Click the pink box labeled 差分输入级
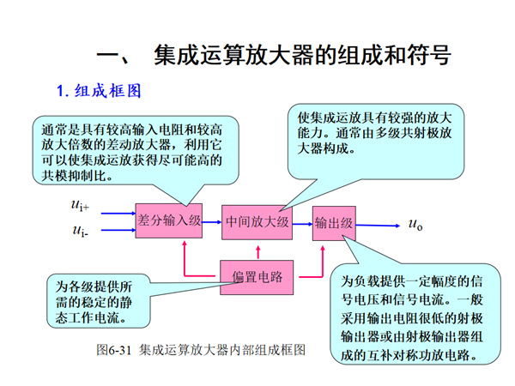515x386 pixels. click(169, 220)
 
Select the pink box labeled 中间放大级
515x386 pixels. click(257, 222)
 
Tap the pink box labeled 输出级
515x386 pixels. click(334, 223)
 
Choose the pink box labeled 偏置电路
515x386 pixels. click(257, 277)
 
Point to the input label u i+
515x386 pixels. click(80, 205)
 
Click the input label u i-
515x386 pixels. click(80, 231)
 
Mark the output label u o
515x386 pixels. click(415, 225)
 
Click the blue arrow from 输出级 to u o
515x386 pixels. click(378, 226)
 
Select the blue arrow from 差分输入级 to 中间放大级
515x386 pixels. click(212, 222)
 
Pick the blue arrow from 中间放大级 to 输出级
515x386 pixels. click(302, 224)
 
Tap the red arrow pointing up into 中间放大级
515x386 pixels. click(258, 253)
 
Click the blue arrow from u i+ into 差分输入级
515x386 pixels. click(118, 214)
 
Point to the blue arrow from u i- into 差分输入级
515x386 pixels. click(118, 230)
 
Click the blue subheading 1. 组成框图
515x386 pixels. click(99, 91)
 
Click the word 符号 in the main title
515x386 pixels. click(429, 55)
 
